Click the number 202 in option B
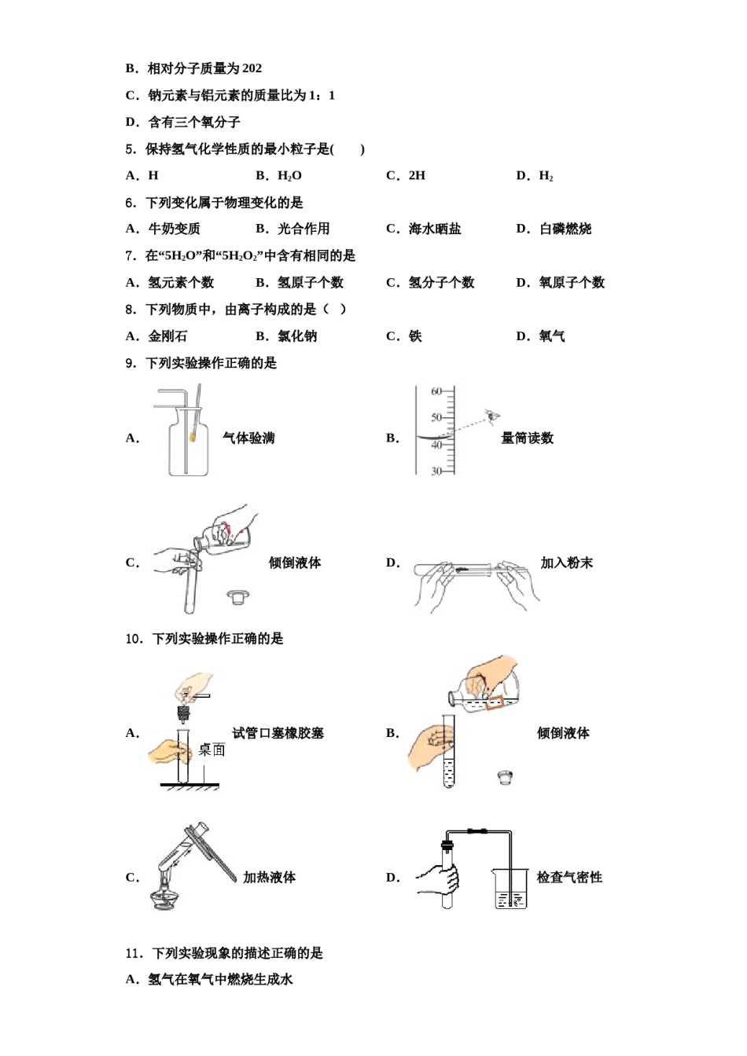252,68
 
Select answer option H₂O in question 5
289,175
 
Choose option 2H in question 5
417,175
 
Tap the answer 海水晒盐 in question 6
435,229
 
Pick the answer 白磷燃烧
565,229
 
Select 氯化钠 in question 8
297,336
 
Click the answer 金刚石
167,336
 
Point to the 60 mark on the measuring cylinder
436,391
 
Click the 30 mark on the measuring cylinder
436,471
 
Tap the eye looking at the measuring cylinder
492,415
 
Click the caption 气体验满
248,438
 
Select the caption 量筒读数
527,438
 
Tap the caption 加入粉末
566,563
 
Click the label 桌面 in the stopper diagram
212,750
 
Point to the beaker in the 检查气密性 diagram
510,889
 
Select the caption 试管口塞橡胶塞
278,733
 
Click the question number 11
134,953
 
